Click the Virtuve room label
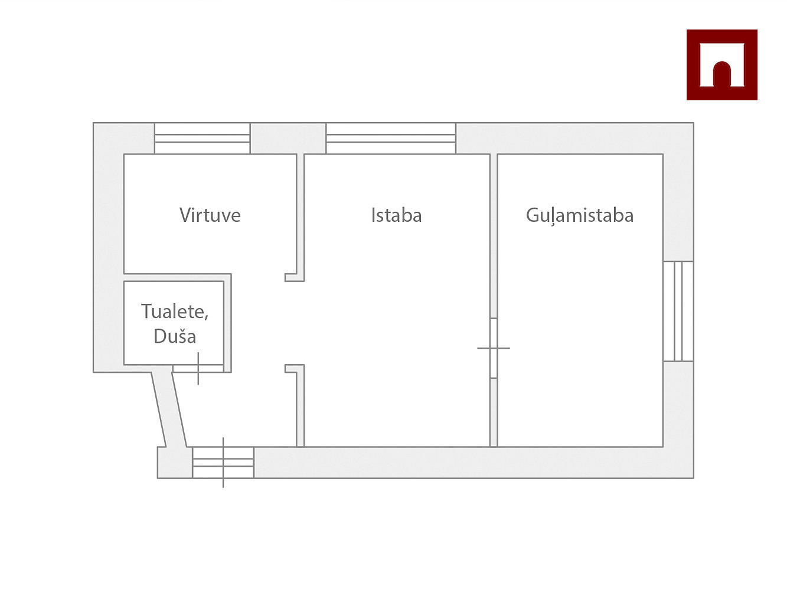(210, 215)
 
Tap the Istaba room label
(396, 215)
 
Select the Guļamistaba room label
(579, 215)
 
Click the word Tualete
(174, 311)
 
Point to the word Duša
(175, 336)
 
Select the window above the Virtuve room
(202, 139)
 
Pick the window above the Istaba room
(391, 139)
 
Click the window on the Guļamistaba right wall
(678, 311)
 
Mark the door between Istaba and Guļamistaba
(494, 348)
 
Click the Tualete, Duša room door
(198, 369)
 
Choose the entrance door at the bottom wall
(223, 463)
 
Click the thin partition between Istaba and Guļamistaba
(494, 236)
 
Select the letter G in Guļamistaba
(532, 215)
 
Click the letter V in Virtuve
(185, 215)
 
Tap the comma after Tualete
(206, 317)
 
